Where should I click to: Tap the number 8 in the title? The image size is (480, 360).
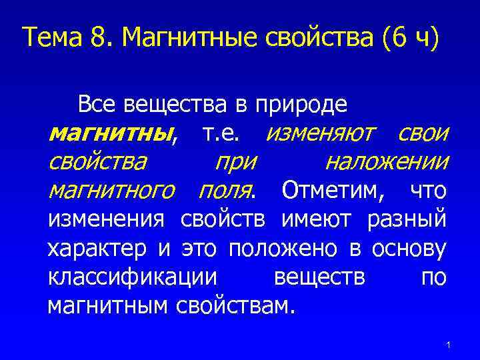(98, 38)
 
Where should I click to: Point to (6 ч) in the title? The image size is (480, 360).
(411, 39)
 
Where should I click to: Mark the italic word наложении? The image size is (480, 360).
(386, 163)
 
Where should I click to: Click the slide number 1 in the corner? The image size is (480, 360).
(449, 344)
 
